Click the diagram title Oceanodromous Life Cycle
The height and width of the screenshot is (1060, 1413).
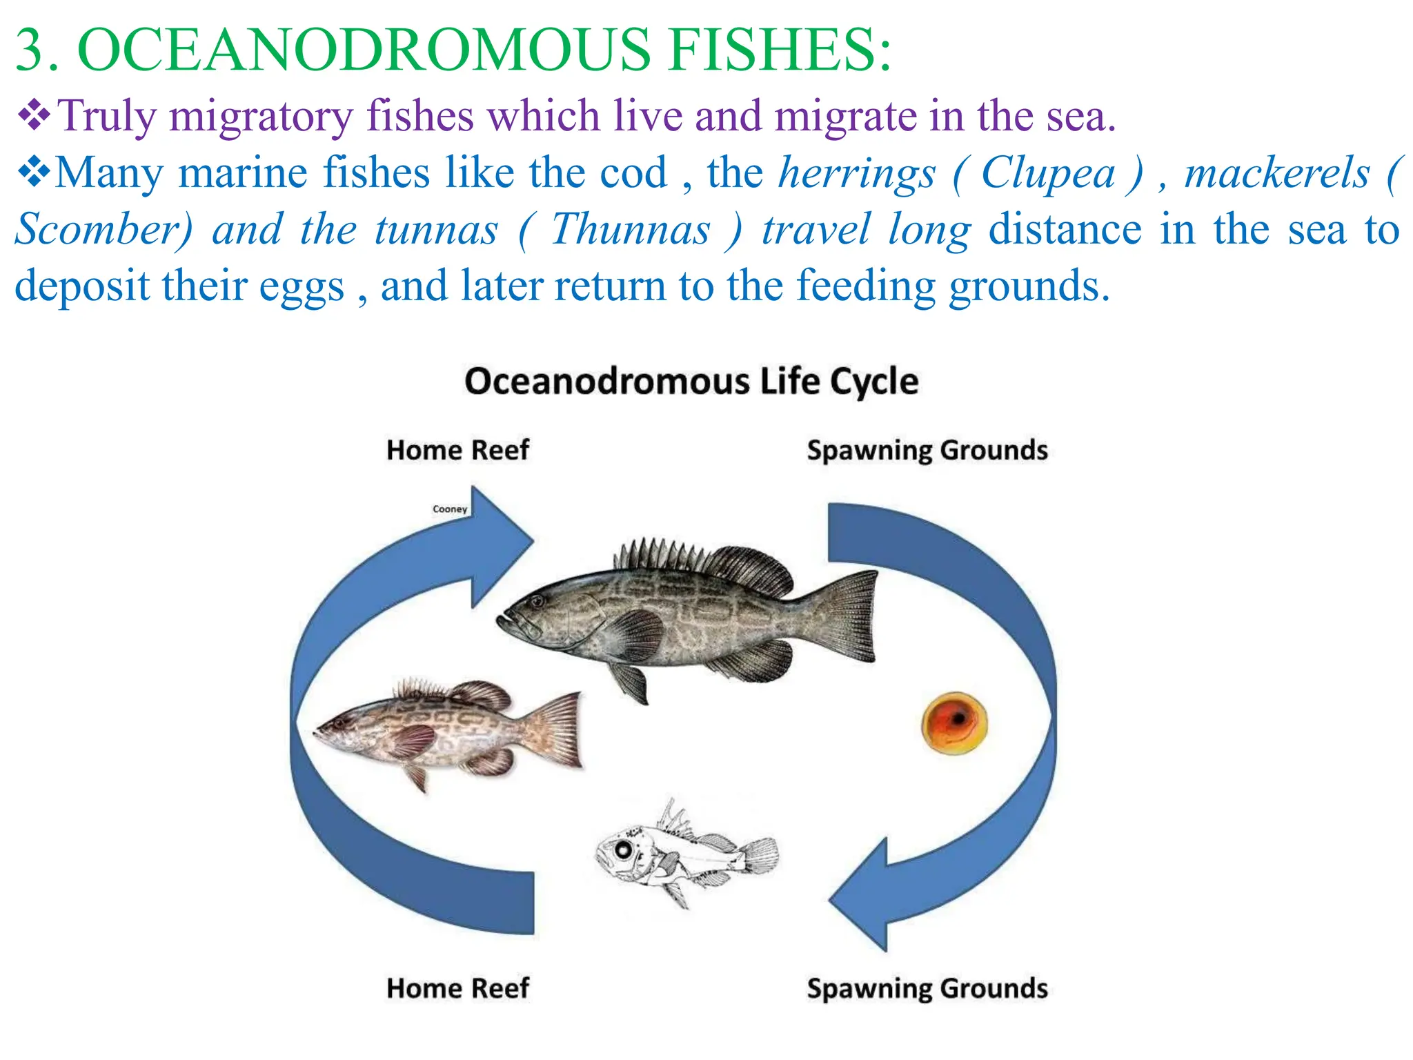pyautogui.click(x=691, y=382)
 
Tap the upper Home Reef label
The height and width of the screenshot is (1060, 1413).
pyautogui.click(x=457, y=450)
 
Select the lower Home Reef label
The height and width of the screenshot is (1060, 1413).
pyautogui.click(x=457, y=988)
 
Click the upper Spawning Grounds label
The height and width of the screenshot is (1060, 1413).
pyautogui.click(x=927, y=450)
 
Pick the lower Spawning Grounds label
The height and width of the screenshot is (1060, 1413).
pyautogui.click(x=927, y=988)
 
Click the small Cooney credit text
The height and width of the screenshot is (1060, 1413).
pyautogui.click(x=450, y=509)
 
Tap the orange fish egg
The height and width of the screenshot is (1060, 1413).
pyautogui.click(x=954, y=723)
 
